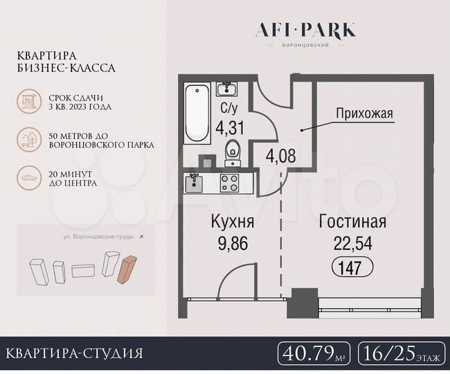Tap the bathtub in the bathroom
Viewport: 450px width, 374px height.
point(197,114)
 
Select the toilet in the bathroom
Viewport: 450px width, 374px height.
point(233,149)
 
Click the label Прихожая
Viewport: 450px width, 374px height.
point(365,113)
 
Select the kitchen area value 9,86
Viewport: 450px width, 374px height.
point(232,243)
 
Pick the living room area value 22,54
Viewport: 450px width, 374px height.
point(352,243)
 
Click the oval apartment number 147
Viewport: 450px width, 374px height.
point(352,266)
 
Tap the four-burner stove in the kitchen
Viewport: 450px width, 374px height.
point(229,183)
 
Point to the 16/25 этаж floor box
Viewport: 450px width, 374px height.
point(402,354)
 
